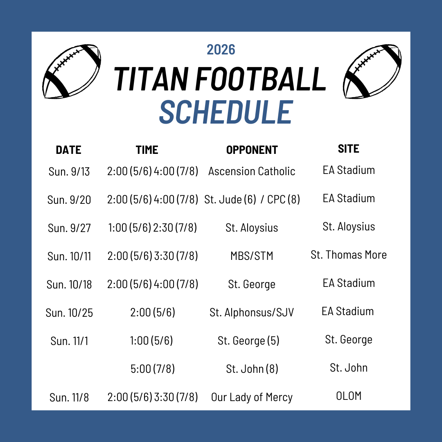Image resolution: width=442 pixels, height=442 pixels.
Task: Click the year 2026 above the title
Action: (x=221, y=50)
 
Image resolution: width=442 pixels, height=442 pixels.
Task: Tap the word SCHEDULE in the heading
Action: (x=226, y=112)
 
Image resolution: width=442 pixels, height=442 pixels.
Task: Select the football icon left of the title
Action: (x=72, y=71)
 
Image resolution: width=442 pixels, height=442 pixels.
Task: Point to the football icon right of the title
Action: (x=372, y=71)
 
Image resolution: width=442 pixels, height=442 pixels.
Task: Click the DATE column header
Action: (x=68, y=150)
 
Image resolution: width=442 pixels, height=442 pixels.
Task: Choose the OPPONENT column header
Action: (x=252, y=150)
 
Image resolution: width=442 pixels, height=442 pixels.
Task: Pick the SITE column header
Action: (x=349, y=149)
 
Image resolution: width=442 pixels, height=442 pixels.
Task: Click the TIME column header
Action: (x=147, y=150)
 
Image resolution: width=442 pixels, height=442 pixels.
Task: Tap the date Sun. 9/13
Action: (x=69, y=171)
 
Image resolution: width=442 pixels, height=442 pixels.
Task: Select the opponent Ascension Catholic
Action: (x=252, y=171)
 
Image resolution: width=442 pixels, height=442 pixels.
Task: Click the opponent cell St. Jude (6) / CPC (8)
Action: (x=252, y=200)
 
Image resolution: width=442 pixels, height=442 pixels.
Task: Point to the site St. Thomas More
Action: (x=349, y=255)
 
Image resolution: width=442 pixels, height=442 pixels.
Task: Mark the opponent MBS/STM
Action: (x=252, y=256)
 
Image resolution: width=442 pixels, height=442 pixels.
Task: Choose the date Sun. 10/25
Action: (x=69, y=313)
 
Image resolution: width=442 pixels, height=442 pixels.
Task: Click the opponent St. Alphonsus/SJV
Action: (x=252, y=312)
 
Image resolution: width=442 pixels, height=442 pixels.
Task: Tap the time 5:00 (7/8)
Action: (x=153, y=369)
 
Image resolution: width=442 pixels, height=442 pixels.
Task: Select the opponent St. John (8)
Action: (x=252, y=369)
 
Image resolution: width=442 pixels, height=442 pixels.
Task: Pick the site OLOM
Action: (x=349, y=396)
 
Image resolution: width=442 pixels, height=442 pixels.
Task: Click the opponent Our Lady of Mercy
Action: (x=252, y=397)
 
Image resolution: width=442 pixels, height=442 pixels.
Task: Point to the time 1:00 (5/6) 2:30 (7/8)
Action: (x=153, y=228)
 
